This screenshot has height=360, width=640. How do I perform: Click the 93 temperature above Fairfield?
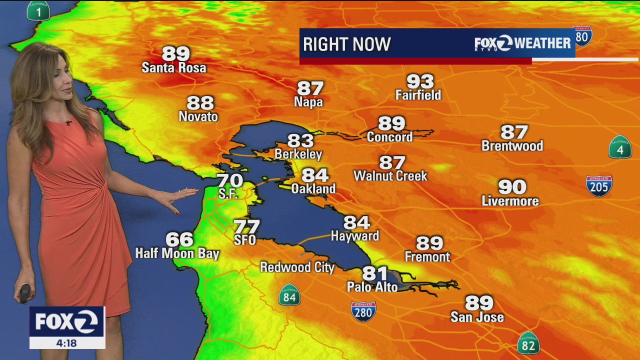(420, 81)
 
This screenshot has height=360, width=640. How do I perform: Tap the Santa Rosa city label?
(173, 67)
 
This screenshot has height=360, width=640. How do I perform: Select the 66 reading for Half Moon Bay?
(179, 239)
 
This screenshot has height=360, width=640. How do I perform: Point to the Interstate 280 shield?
(363, 311)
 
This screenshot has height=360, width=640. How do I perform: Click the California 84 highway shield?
(289, 295)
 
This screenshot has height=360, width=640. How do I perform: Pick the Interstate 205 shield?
(599, 185)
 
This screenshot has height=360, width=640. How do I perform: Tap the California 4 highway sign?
(620, 147)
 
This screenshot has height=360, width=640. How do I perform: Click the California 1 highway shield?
(38, 10)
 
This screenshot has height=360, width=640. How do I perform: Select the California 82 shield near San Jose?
(528, 343)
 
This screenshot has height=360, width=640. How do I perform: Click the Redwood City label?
(297, 267)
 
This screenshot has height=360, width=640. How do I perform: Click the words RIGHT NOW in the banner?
(346, 44)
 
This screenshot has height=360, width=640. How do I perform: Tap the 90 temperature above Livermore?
(512, 187)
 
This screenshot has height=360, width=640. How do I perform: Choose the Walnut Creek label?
(390, 176)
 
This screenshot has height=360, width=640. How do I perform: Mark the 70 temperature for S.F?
(229, 180)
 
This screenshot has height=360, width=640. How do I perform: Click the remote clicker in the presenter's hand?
(25, 293)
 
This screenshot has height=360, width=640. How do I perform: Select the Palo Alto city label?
(372, 287)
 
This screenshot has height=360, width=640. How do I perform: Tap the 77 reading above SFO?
(246, 226)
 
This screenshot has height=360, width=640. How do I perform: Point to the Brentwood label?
(512, 146)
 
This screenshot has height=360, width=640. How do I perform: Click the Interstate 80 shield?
(582, 36)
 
